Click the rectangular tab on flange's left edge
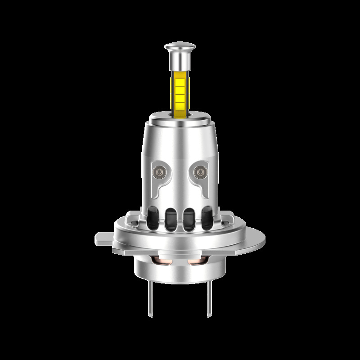pos(103,238)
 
